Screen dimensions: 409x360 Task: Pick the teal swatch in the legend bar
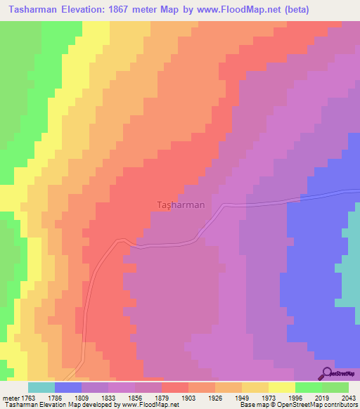pyautogui.click(x=41, y=387)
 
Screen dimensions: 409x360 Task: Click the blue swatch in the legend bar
pyautogui.click(x=68, y=387)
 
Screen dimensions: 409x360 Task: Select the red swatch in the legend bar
pyautogui.click(x=175, y=387)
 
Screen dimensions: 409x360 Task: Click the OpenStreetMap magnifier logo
pyautogui.click(x=326, y=374)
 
